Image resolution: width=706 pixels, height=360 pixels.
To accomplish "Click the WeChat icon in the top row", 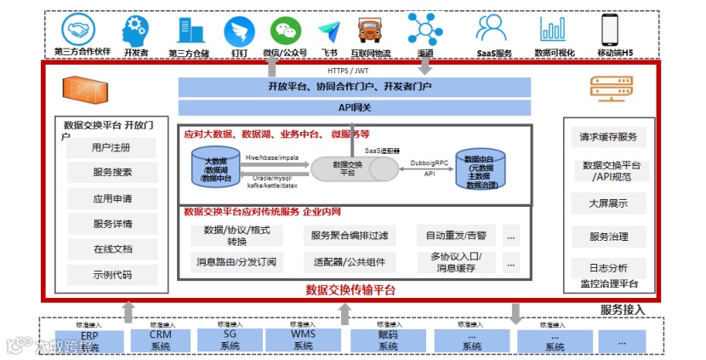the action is pyautogui.click(x=286, y=31).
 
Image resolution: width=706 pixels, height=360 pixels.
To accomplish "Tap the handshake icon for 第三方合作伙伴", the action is pyautogui.click(x=81, y=30).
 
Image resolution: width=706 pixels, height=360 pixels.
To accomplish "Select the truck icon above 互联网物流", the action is pyautogui.click(x=371, y=31).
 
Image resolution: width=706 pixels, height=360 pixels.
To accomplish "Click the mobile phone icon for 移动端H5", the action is pyautogui.click(x=609, y=30).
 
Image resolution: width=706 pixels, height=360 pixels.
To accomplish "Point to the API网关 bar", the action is pyautogui.click(x=355, y=107).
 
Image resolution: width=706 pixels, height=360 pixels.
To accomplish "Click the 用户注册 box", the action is pyautogui.click(x=112, y=148).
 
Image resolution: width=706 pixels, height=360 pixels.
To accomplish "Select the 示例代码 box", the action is pyautogui.click(x=112, y=275).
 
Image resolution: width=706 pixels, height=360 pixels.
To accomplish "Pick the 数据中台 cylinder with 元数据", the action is pyautogui.click(x=480, y=169).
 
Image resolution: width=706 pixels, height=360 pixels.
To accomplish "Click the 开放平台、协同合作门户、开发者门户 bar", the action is pyautogui.click(x=355, y=87).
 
